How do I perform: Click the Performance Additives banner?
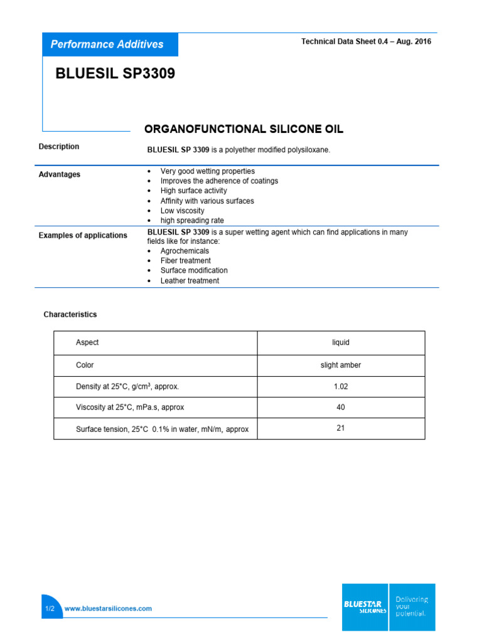click(107, 45)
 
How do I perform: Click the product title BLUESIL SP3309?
click(115, 74)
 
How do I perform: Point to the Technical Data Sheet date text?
click(366, 41)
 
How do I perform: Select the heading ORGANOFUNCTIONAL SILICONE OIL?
click(244, 129)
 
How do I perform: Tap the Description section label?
click(59, 147)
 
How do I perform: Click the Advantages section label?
click(60, 174)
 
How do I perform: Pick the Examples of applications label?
click(83, 235)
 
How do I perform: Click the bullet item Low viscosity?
click(182, 211)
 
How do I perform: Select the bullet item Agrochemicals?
click(185, 251)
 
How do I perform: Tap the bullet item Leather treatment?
click(190, 281)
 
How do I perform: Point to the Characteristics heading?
click(70, 314)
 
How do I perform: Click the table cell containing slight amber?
click(340, 365)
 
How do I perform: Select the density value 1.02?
click(340, 387)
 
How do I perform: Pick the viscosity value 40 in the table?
click(340, 408)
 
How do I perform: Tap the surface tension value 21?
click(340, 429)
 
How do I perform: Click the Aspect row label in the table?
click(87, 342)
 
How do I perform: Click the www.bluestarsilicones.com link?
click(108, 608)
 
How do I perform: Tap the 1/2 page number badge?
click(50, 608)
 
